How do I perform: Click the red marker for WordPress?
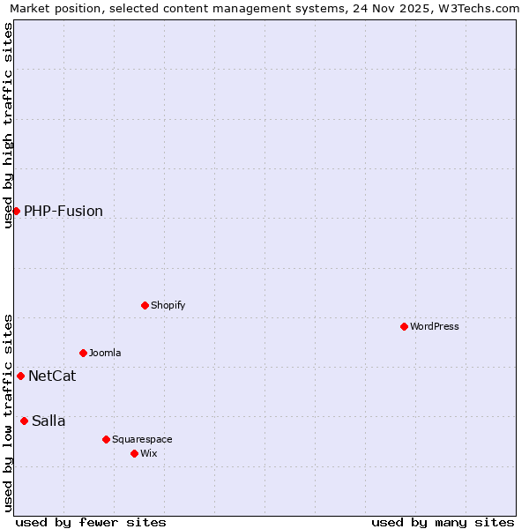click(x=404, y=326)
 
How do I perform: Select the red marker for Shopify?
click(x=145, y=305)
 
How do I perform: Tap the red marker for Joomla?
click(x=83, y=353)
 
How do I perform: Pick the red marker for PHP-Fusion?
click(x=16, y=211)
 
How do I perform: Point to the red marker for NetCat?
click(x=20, y=376)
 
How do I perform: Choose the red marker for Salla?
click(x=24, y=421)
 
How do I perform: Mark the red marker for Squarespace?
click(x=106, y=439)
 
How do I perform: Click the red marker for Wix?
click(x=134, y=453)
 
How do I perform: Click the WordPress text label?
click(x=435, y=326)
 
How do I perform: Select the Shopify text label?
click(x=168, y=305)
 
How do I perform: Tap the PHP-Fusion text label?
click(x=63, y=211)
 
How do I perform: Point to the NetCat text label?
click(x=52, y=376)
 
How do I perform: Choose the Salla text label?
click(x=48, y=421)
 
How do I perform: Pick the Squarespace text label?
click(x=142, y=439)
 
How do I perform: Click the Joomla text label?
click(x=105, y=353)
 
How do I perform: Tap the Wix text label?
click(x=149, y=453)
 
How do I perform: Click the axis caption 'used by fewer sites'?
click(x=91, y=522)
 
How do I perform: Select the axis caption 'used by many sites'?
click(x=443, y=522)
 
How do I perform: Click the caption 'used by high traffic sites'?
click(x=9, y=125)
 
